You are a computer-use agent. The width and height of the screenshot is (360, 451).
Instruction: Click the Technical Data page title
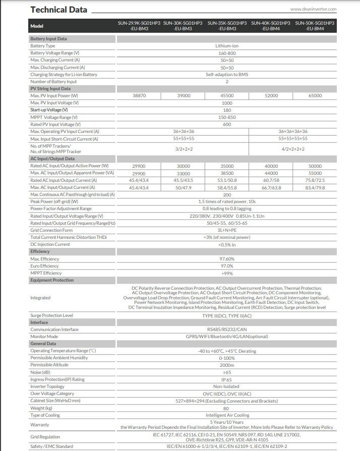[58, 10]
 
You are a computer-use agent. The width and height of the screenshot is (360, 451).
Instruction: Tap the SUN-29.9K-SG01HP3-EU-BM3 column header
[139, 26]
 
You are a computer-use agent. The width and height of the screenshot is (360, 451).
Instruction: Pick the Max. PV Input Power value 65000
[315, 96]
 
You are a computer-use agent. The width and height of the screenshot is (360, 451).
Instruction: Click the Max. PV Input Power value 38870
[139, 96]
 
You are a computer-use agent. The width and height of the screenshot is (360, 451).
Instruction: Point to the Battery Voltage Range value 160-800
[227, 53]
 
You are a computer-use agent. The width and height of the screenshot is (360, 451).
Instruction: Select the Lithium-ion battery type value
[227, 46]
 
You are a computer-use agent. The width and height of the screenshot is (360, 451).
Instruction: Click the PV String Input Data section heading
[50, 89]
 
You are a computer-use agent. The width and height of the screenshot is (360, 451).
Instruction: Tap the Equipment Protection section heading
[52, 280]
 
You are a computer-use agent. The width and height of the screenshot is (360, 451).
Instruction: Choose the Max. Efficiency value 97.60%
[227, 259]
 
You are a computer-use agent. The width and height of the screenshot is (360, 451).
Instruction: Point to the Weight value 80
[227, 408]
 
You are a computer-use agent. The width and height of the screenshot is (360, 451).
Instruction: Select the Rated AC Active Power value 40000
[271, 166]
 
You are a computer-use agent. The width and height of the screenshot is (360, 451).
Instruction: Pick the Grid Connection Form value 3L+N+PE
[227, 230]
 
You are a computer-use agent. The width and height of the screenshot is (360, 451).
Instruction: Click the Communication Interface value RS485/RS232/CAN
[227, 330]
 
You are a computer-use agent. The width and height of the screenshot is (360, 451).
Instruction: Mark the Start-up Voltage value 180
[227, 110]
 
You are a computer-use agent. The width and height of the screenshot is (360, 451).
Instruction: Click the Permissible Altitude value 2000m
[227, 365]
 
